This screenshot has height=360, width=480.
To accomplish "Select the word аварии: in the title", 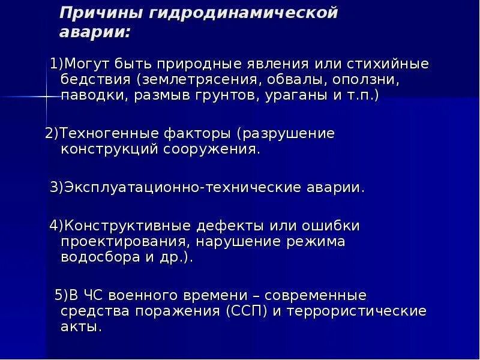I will click(x=94, y=32).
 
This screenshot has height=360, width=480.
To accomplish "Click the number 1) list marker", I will click(x=57, y=64).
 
